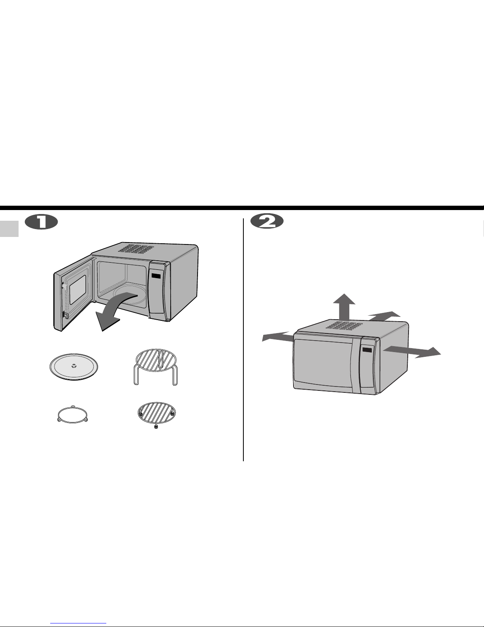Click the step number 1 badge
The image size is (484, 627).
tap(41, 222)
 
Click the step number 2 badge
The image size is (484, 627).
tap(267, 222)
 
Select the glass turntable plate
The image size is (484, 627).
tap(74, 367)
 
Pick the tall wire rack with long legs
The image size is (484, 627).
tap(156, 367)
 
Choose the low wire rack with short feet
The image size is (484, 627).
tap(157, 415)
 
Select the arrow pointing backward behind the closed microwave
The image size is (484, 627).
tap(384, 316)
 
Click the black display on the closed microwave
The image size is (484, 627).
tap(367, 350)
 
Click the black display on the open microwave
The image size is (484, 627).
tap(156, 276)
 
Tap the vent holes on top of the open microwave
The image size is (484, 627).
tap(136, 249)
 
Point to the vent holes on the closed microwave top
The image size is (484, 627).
tap(344, 326)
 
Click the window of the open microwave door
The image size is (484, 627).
tap(78, 290)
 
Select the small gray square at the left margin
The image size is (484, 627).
tap(9, 229)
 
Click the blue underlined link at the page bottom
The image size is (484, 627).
tap(78, 622)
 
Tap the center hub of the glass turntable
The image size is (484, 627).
tap(74, 366)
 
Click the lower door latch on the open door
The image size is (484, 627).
tap(66, 315)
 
